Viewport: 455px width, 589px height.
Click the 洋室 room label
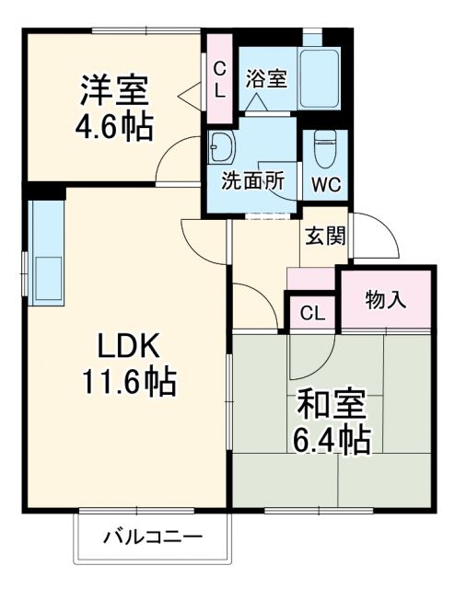[113, 91]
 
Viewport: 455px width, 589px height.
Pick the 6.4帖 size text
[332, 440]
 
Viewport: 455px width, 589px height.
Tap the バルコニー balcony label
[152, 536]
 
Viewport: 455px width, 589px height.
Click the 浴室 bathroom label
[265, 78]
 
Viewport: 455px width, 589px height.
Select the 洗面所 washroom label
[251, 180]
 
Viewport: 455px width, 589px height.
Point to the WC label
[325, 182]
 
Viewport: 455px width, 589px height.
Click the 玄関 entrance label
[324, 237]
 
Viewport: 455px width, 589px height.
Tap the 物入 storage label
[387, 298]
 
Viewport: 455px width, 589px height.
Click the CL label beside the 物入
[313, 313]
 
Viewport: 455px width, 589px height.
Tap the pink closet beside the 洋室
[220, 78]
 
